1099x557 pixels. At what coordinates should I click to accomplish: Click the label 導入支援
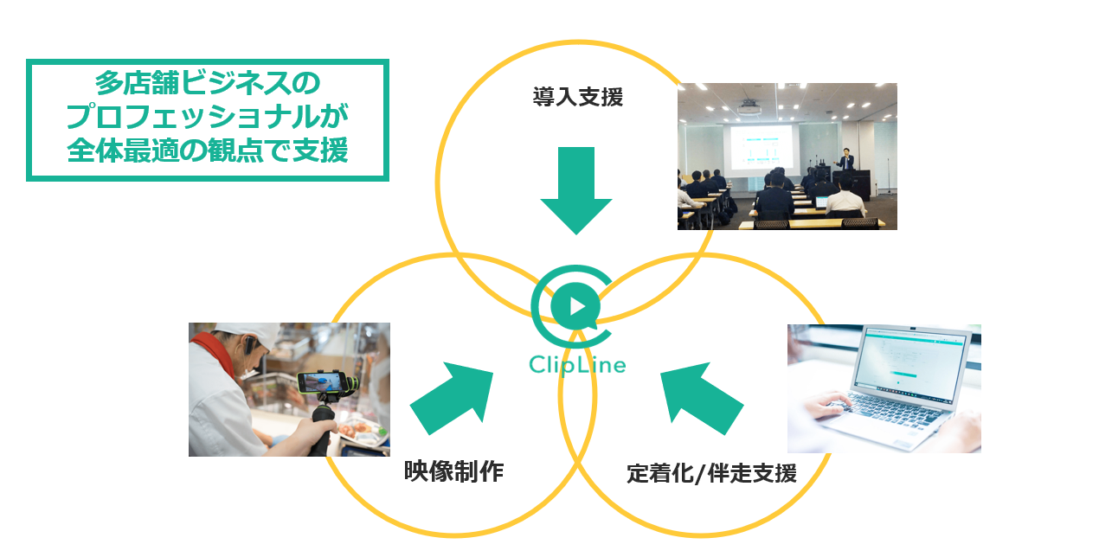point(577,98)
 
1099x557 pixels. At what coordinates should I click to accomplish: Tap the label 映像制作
point(453,471)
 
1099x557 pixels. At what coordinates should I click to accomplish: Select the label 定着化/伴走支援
point(711,474)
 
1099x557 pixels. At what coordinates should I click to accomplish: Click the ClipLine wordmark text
point(577,364)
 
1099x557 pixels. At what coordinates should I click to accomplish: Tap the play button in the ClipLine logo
point(577,306)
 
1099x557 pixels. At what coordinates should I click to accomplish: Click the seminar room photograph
point(787,157)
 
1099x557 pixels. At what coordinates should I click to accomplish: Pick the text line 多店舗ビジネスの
point(207,84)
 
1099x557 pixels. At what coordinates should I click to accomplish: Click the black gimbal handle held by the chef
point(321,432)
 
